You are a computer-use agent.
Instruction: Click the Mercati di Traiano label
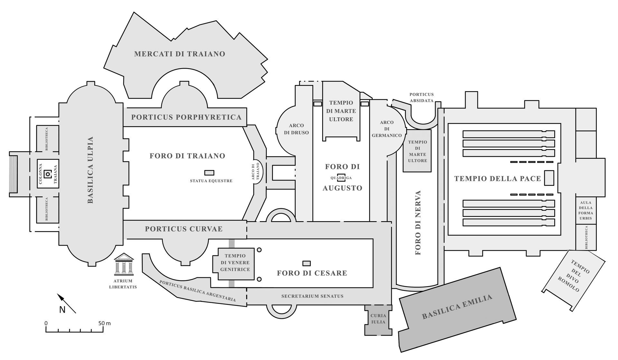coord(180,54)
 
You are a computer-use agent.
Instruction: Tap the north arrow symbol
coord(66,303)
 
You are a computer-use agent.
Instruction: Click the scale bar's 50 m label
coord(104,323)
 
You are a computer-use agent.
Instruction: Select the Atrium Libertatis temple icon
coord(124,264)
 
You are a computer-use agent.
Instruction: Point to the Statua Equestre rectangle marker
coord(209,173)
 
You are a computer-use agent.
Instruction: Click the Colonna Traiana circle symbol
coord(48,174)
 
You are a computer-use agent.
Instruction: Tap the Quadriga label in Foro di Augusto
coord(341,178)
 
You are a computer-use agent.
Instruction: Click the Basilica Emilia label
coord(457,307)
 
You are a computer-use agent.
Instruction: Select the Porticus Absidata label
coord(421,97)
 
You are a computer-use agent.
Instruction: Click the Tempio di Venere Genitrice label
coord(235,262)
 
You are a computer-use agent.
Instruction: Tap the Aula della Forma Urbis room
coord(586,211)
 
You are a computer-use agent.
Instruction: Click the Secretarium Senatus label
coord(312,296)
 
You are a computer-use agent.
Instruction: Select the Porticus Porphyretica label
coord(186,117)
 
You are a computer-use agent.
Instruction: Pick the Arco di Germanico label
coord(387,129)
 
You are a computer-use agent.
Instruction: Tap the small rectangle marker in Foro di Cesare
coord(306,263)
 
